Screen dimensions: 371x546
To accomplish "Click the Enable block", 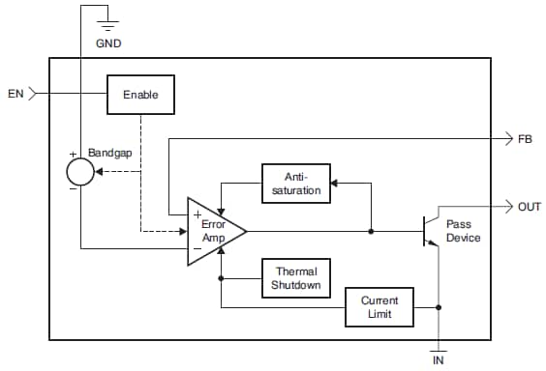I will click(140, 95).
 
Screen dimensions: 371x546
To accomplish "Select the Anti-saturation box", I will click(295, 185).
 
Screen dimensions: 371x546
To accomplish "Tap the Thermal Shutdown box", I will click(295, 278).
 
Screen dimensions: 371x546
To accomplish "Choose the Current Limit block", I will click(379, 307).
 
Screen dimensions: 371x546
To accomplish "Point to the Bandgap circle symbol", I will click(80, 172).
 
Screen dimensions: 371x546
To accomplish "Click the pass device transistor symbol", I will click(428, 231).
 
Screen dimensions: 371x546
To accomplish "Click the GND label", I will click(108, 44).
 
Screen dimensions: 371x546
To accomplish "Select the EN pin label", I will click(15, 94).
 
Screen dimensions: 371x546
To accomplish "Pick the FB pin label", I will click(525, 139).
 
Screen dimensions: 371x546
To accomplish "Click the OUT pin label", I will click(530, 206).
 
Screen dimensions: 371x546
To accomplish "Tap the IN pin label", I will click(439, 359).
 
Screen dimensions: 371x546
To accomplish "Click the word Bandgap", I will click(108, 153).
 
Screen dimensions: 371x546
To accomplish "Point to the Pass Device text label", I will click(463, 231).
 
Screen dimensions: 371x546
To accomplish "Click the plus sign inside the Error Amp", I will click(197, 214).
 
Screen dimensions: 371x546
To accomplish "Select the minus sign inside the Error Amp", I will click(197, 248).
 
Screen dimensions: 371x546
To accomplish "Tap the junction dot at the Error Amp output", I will click(371, 231).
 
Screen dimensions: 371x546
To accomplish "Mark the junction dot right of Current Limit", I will click(440, 308).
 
